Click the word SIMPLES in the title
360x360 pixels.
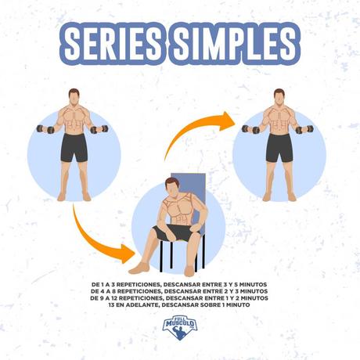pos(235,44)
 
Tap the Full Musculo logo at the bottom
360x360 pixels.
pos(180,327)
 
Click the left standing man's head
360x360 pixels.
pos(74,97)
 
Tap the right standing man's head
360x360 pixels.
pos(279,97)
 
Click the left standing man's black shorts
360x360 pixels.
pos(74,147)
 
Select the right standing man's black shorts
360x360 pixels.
pos(279,147)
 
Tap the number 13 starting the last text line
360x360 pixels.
pos(113,304)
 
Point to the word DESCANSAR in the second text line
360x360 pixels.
pos(182,291)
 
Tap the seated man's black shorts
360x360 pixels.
pos(175,232)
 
